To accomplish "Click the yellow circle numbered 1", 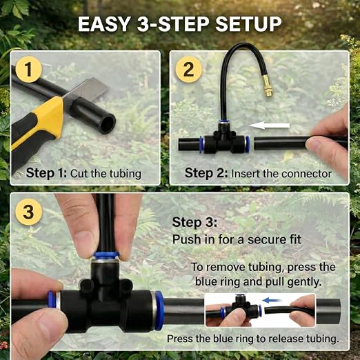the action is coord(28,70).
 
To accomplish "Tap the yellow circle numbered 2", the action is coord(188,70).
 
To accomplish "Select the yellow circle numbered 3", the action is coord(28,212).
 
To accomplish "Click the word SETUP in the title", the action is coord(248,24).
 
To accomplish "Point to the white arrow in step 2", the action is coord(269,126).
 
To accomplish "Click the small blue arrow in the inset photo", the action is coord(272,300).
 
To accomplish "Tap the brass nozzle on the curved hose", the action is coord(268,88).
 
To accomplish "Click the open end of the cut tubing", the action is coord(108,122).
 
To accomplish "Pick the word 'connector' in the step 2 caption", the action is coord(306,174).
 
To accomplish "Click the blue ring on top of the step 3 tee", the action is coord(106,254).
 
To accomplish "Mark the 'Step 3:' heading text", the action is coord(194,223).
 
